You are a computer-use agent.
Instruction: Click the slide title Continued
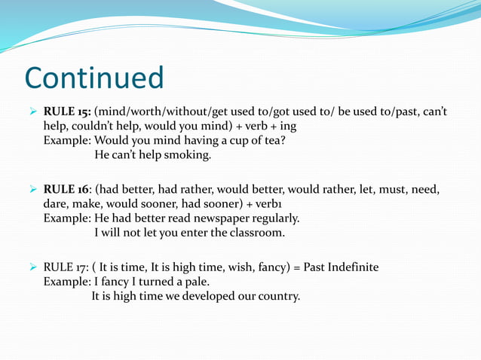[93, 78]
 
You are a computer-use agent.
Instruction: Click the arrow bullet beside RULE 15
[32, 111]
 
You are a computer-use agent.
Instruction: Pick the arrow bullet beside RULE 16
[32, 189]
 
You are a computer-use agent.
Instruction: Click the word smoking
[186, 156]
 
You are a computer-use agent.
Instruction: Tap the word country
[275, 296]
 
